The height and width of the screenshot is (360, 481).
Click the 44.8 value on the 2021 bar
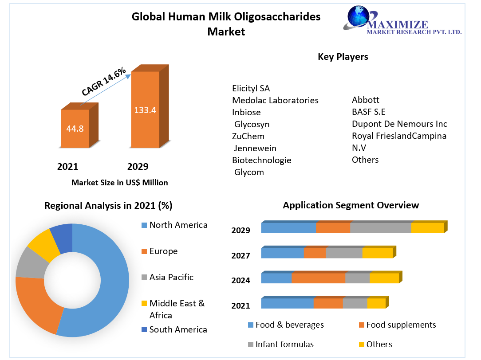[x=75, y=129]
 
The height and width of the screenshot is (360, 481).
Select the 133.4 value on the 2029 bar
[x=145, y=110]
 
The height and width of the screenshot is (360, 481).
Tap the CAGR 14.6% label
[x=104, y=82]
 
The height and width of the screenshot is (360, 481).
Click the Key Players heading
[x=343, y=57]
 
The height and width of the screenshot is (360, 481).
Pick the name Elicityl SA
[x=251, y=88]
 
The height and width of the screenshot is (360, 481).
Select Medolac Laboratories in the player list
[x=275, y=100]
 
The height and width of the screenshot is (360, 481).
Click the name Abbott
[x=366, y=100]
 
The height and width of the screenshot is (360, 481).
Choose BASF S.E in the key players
[x=369, y=112]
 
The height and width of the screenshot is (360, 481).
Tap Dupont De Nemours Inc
[x=399, y=124]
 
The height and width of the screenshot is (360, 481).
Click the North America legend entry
[x=178, y=225]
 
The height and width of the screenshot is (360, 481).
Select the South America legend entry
[x=178, y=329]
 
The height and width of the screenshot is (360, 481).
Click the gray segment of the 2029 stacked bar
[x=381, y=228]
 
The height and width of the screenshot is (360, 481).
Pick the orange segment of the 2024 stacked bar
[x=318, y=278]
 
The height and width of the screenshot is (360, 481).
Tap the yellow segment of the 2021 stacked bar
[x=376, y=303]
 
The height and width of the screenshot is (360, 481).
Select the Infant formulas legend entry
[x=284, y=344]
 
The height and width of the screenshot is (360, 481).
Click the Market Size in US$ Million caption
[x=119, y=182]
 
